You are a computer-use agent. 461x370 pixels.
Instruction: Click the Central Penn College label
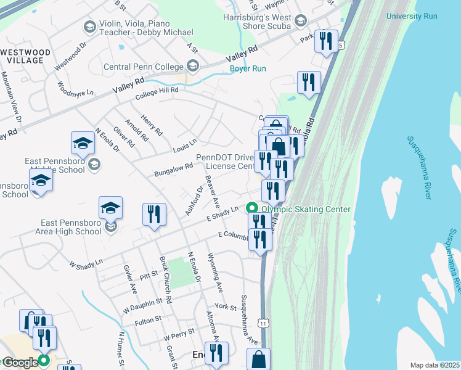tap(144, 67)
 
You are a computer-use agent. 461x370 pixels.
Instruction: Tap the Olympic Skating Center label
tap(306, 209)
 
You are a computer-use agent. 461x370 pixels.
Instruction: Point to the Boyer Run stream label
tap(248, 68)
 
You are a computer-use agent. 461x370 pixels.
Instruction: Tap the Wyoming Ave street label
tap(215, 272)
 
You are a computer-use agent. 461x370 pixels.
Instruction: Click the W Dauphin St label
tap(146, 305)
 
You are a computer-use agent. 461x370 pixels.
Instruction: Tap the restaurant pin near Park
tap(326, 41)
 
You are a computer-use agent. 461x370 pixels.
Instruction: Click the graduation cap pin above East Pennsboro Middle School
tap(83, 143)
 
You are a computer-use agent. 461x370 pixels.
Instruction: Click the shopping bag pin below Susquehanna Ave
tap(259, 359)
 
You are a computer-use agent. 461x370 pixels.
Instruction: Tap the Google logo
tap(20, 363)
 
